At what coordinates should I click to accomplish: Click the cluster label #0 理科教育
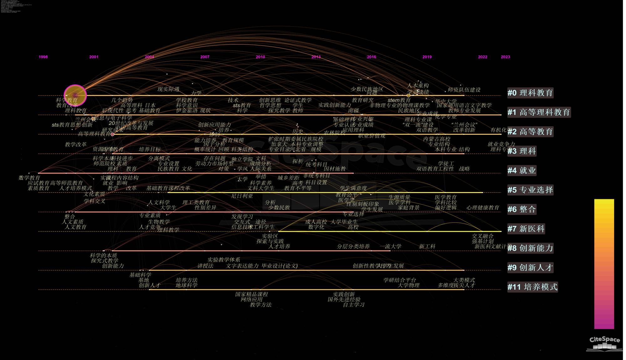tap(530, 93)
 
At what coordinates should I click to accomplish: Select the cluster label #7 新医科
tap(526, 229)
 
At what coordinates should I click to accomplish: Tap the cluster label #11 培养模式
tap(532, 287)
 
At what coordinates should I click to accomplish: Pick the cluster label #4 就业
tap(521, 170)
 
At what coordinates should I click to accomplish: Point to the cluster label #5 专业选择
tap(530, 190)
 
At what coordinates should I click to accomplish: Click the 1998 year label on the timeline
tap(43, 57)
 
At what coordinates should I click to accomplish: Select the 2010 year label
tap(260, 57)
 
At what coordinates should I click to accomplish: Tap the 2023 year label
tap(505, 57)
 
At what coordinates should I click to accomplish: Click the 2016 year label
tap(372, 57)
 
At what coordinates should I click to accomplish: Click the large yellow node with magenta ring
tap(75, 95)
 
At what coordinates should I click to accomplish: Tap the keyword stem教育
tap(399, 100)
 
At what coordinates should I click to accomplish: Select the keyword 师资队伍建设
tap(464, 90)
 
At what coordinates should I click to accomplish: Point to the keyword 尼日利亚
tap(242, 196)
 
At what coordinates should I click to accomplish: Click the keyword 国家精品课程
tap(252, 294)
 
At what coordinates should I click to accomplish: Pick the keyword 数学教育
tap(29, 178)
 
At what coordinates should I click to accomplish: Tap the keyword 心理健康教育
tap(483, 208)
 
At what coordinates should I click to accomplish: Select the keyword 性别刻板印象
tap(362, 204)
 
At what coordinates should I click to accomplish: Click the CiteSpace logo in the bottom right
tap(604, 343)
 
